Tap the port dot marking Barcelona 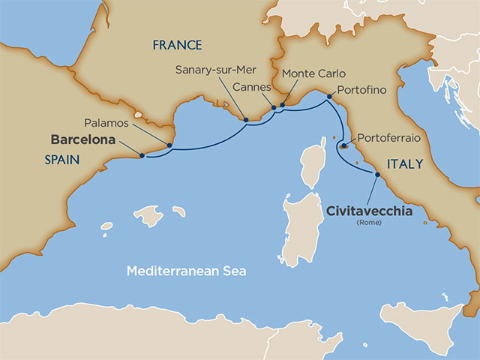(x=142, y=155)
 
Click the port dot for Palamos (x=169, y=145)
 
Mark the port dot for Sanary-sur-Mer (x=245, y=118)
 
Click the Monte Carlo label (x=310, y=74)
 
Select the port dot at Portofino (x=328, y=96)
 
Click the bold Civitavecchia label (x=369, y=212)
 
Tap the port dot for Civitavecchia (x=376, y=175)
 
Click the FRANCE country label (x=177, y=45)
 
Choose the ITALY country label (x=405, y=163)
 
